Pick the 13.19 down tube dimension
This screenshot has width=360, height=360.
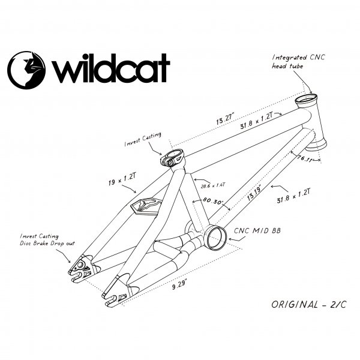click(254, 193)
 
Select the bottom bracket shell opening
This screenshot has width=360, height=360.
click(216, 238)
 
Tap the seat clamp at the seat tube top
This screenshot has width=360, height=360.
click(172, 159)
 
